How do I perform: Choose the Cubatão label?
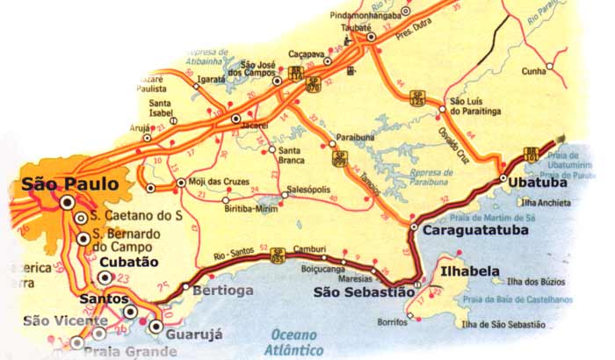click(128, 262)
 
